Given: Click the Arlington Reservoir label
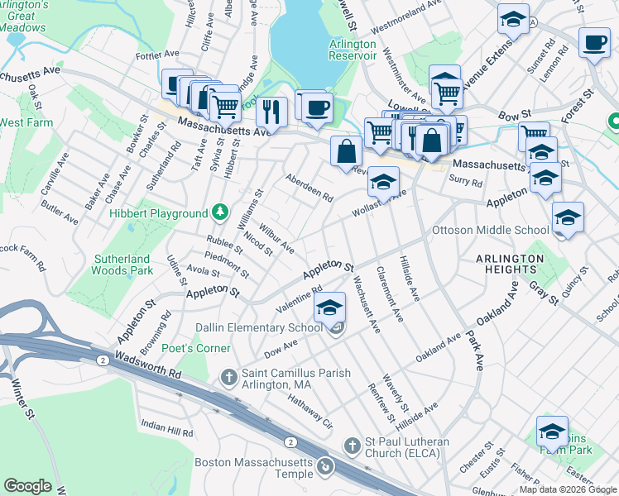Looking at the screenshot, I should coord(353,50).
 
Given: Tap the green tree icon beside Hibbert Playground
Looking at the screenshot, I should coord(219,213).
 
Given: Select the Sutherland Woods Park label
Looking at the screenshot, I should coord(121,265).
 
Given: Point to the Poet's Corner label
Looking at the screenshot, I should coord(195,348).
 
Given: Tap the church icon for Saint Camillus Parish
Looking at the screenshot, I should coord(230,377).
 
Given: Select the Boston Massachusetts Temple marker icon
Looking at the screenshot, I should coord(327,466).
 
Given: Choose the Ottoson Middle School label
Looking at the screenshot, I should coord(491,231).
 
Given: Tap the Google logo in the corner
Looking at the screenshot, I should coord(27,486).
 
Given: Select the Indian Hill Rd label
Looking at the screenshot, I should coord(166,428).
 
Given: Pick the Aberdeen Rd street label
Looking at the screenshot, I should coord(309,188).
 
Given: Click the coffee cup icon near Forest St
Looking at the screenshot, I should coord(593,43).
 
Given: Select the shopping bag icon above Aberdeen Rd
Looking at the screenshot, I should coord(346,150).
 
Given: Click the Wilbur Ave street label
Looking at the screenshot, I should coord(276,236).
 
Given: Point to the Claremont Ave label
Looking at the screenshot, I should coord(389,293).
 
